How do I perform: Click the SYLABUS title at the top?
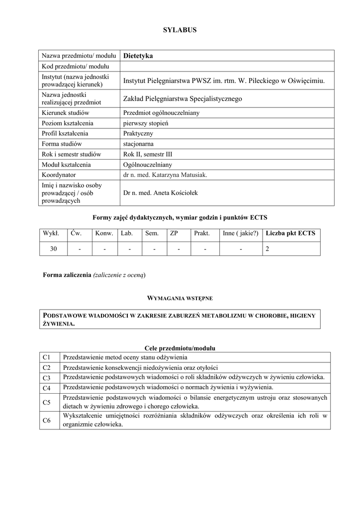[180, 30]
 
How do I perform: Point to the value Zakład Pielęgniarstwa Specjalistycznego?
[182, 99]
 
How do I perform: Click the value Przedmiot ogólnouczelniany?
[161, 113]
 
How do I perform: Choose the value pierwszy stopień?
[146, 123]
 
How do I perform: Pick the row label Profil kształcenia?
[65, 133]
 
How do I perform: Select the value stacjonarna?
[138, 144]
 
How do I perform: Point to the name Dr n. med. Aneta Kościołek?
[160, 192]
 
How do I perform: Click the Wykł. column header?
[51, 233]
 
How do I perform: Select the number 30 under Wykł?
[53, 249]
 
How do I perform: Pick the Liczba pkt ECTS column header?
[290, 233]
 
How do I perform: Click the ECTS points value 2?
[268, 249]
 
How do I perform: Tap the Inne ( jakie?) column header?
[241, 233]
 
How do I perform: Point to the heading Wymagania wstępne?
[180, 298]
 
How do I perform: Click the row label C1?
[47, 357]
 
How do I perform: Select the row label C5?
[47, 402]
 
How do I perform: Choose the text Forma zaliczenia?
[67, 275]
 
